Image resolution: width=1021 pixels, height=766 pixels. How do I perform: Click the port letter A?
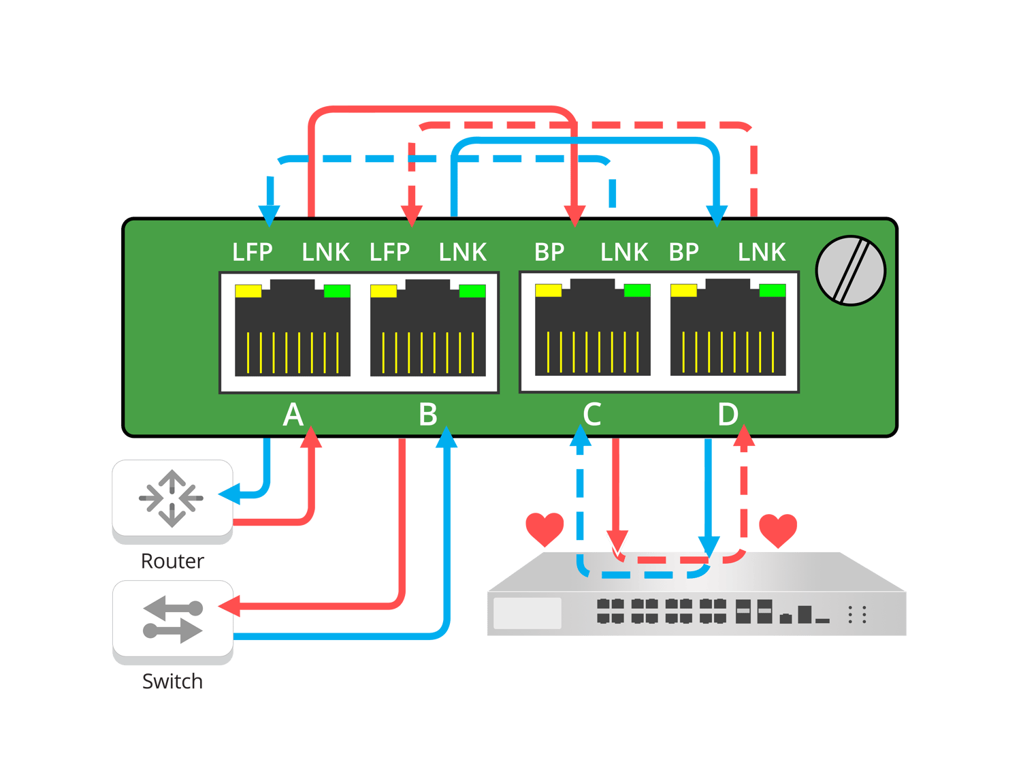(293, 414)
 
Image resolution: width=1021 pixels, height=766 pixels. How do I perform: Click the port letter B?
(428, 414)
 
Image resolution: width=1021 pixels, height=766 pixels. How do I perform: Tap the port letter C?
(591, 414)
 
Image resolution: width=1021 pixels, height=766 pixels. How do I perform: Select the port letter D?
(728, 414)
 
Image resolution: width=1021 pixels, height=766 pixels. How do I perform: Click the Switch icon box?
(172, 619)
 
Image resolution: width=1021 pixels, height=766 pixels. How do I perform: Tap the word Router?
(172, 561)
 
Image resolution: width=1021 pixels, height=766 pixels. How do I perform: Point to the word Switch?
(172, 681)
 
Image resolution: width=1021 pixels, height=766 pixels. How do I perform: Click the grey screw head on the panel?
(850, 270)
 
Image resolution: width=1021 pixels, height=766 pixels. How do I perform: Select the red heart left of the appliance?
(545, 528)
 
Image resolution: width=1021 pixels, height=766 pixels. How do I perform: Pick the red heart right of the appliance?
(778, 529)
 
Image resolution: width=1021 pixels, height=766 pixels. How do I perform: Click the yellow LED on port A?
(248, 291)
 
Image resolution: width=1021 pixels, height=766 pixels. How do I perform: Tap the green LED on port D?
(772, 291)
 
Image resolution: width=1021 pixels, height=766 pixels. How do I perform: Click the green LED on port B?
(472, 291)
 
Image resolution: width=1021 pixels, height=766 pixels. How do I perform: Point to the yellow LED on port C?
(548, 291)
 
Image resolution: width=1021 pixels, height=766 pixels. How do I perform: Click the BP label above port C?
(549, 253)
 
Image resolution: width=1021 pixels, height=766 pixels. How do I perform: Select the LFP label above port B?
(389, 253)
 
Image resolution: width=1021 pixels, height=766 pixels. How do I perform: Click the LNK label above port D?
(761, 253)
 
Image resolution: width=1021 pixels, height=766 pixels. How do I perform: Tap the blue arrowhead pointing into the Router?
(227, 494)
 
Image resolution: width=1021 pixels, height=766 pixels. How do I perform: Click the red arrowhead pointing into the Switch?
(228, 605)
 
